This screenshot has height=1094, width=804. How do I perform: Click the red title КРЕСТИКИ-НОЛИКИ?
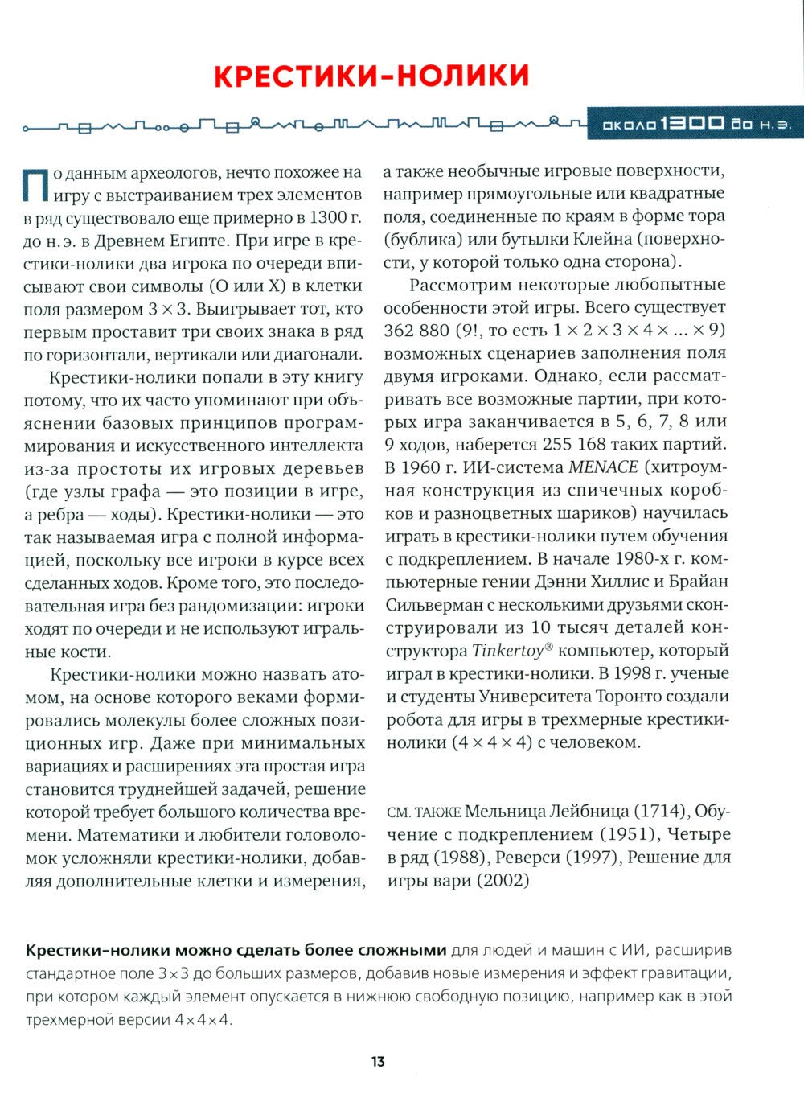372,76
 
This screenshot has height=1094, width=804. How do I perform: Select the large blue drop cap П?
36,184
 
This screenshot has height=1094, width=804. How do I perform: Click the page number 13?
378,1061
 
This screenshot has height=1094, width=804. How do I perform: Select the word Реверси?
523,858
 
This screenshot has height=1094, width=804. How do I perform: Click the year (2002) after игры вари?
503,881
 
